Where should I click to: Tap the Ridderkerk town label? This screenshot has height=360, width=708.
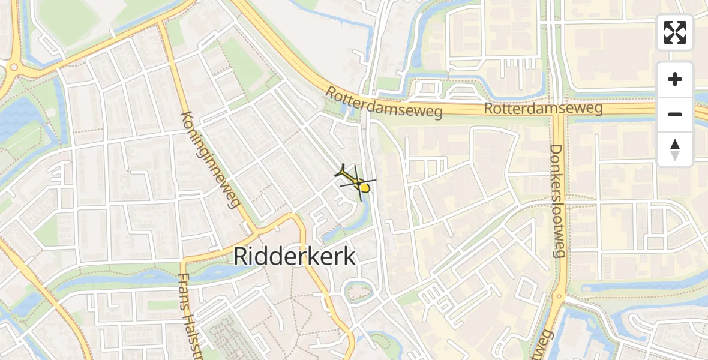294,256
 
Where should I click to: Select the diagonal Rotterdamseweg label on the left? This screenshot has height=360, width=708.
383,103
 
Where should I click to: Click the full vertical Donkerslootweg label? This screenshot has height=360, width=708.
557,200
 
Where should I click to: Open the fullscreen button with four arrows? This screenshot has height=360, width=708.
675,32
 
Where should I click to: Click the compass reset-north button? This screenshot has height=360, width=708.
675,149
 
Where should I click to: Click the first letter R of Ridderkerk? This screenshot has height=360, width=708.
239,256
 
